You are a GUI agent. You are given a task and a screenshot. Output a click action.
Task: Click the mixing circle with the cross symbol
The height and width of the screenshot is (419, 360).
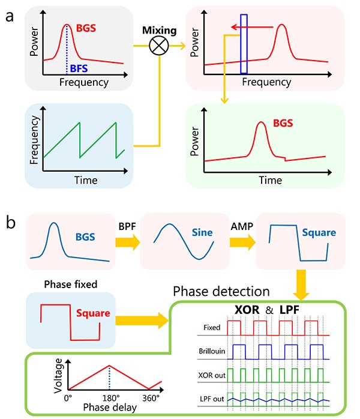click(x=158, y=45)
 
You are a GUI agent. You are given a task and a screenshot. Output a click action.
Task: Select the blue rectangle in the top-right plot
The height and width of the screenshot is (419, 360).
click(x=244, y=44)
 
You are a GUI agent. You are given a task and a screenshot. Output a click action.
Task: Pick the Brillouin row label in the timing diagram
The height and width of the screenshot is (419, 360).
click(x=206, y=351)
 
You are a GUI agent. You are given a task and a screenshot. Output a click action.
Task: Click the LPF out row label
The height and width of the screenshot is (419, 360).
click(x=208, y=394)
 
